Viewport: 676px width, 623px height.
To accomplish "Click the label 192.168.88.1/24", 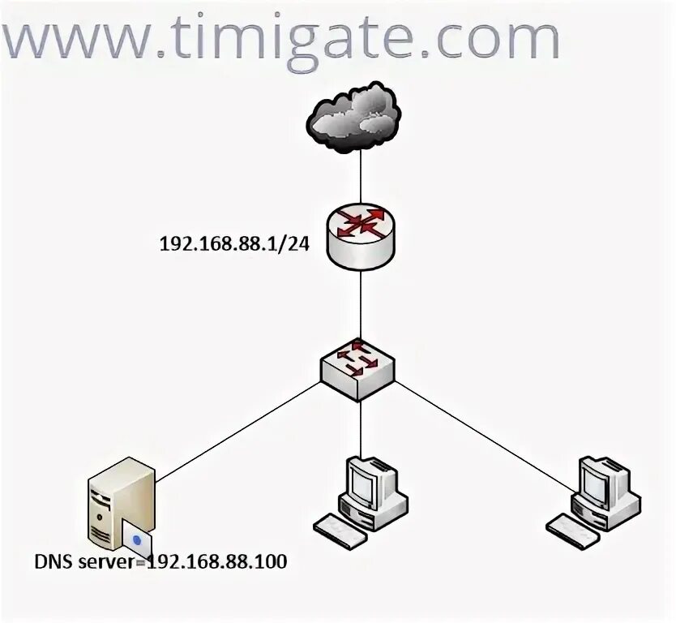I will [x=235, y=244].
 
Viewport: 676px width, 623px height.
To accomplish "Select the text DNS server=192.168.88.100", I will [x=160, y=561].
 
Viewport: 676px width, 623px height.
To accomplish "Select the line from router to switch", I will [x=361, y=304].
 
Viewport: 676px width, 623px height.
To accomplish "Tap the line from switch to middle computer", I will [x=361, y=426].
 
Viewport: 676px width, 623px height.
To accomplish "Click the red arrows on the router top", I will [x=361, y=225].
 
